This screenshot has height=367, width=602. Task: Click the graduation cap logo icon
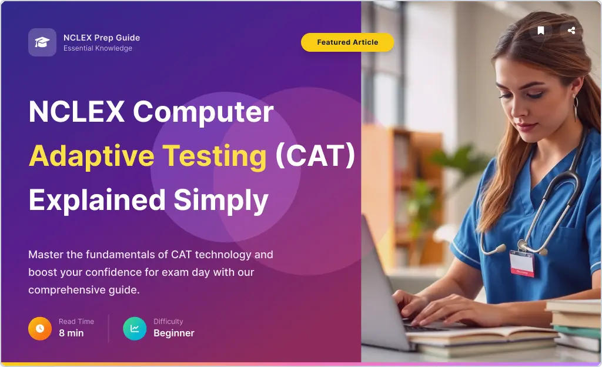(42, 42)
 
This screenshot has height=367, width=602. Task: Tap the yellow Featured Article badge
(347, 42)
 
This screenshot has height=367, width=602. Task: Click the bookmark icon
(541, 31)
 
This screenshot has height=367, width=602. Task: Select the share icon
(571, 31)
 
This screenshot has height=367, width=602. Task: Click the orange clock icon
(40, 329)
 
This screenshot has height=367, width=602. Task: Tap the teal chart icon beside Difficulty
(135, 329)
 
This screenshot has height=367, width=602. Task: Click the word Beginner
(174, 333)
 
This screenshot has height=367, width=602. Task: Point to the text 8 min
(71, 333)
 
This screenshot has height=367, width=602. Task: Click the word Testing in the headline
(214, 156)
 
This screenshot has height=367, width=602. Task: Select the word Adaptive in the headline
(91, 156)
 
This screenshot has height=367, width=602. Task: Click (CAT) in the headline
(315, 155)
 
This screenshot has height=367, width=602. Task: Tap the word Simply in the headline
(221, 201)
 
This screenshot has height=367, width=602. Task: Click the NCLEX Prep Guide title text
(102, 38)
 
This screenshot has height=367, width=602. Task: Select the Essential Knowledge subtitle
(98, 48)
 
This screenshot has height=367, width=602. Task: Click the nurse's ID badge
(522, 263)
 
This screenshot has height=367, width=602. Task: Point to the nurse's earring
(576, 108)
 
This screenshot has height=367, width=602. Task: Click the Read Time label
(76, 322)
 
